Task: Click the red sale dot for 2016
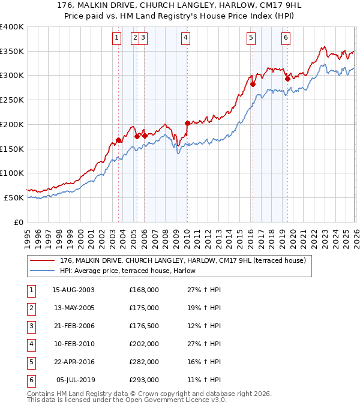coord(253,84)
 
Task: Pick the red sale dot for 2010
coord(187,123)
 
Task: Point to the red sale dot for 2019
coord(287,79)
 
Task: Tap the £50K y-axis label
coord(14,197)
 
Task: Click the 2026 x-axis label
coord(356,235)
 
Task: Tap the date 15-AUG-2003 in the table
coord(74,290)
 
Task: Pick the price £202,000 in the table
coord(144,344)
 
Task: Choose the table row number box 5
coord(31,362)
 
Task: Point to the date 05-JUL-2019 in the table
coord(76,380)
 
